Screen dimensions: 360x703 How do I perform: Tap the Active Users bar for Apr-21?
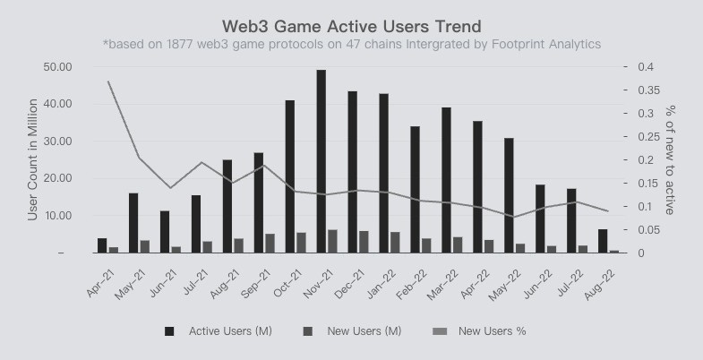click(x=102, y=245)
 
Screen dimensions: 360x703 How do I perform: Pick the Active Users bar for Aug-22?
click(x=602, y=241)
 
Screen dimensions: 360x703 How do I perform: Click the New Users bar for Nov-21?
click(x=332, y=242)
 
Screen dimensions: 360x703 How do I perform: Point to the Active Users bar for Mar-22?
click(x=446, y=180)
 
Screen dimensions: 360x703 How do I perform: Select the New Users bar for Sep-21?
click(x=270, y=244)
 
